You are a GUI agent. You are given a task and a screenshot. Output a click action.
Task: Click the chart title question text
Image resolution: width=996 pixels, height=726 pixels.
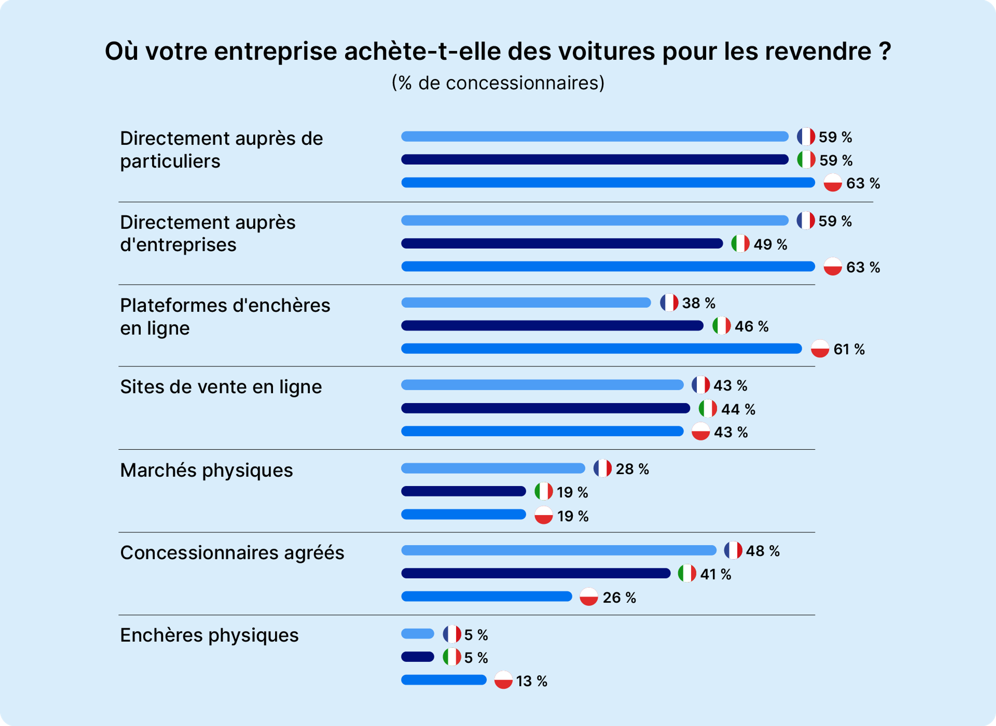[x=497, y=51]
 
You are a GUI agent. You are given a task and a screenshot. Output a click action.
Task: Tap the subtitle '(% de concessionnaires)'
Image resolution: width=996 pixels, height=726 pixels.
[x=497, y=83]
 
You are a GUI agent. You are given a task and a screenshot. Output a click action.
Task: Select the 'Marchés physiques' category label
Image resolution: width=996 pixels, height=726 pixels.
[x=206, y=470]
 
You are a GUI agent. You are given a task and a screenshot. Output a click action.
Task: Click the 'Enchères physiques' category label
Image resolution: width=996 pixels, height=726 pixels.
[x=209, y=635]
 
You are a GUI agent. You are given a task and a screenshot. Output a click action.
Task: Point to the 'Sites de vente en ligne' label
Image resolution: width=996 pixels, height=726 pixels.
[x=221, y=387]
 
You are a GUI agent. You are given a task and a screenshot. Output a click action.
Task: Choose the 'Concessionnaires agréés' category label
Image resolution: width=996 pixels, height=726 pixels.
[x=232, y=553]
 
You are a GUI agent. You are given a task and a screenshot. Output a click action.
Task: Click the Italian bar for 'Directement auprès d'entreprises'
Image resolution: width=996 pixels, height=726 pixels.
[x=562, y=243]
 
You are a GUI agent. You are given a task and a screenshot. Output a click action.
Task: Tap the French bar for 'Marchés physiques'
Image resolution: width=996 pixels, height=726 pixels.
[x=493, y=469]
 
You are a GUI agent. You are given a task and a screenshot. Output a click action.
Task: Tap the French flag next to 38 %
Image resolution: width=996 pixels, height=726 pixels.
[x=669, y=303]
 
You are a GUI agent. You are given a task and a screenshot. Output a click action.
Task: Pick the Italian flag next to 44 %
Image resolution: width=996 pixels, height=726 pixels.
[x=708, y=409]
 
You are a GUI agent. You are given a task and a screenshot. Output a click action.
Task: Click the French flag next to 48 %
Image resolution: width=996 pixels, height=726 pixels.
[x=733, y=550]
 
